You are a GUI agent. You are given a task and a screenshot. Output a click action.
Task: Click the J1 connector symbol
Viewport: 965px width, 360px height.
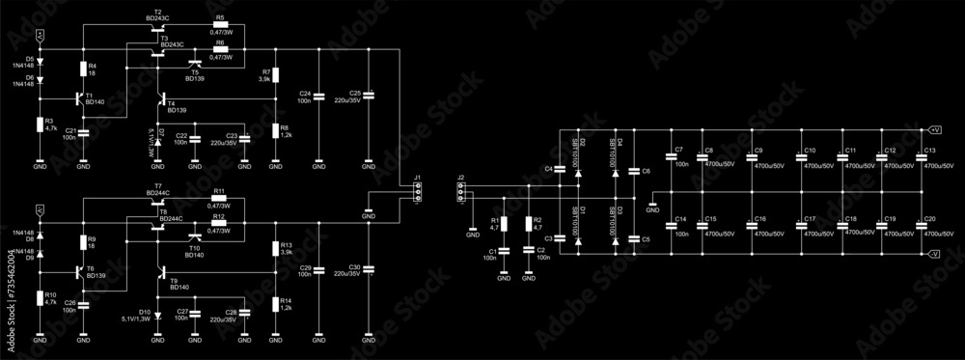[417, 194]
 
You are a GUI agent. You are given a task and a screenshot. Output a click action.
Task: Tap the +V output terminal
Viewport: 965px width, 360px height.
[934, 128]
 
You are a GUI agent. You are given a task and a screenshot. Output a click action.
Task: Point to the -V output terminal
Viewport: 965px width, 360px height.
[934, 253]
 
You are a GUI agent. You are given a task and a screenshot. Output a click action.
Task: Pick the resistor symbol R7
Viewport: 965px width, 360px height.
[275, 75]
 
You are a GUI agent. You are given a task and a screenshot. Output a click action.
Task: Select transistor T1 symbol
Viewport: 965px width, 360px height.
[78, 97]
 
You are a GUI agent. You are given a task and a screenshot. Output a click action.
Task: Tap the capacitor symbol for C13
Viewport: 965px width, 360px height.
[921, 157]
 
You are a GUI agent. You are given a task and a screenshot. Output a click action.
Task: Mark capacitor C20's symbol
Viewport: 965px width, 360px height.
[921, 226]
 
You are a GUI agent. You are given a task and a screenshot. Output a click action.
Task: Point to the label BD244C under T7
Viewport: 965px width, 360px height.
[156, 193]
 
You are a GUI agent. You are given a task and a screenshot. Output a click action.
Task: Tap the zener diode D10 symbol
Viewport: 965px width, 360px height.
[157, 315]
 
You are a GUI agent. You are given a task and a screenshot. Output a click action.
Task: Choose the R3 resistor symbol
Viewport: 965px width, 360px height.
[40, 125]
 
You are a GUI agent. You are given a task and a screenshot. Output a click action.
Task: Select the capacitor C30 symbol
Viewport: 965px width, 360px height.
[368, 269]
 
